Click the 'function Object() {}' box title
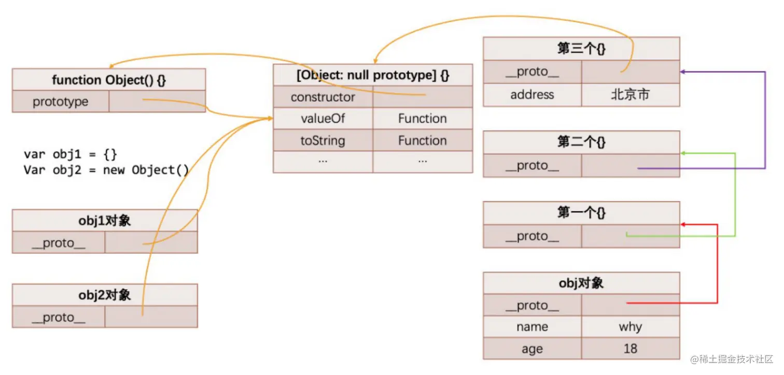109,80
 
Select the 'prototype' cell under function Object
61,102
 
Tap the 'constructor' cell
323,97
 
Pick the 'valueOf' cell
323,119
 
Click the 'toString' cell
323,140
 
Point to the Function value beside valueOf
423,119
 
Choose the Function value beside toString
423,140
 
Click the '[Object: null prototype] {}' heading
373,75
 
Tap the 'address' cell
532,94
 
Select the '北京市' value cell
631,94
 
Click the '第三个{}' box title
581,48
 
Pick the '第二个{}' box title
581,142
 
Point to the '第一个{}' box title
581,212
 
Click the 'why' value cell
631,327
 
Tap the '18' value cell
631,349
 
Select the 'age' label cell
532,349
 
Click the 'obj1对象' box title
105,221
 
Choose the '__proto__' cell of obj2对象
59,317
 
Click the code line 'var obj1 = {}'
70,154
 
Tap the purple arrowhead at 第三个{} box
683,72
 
